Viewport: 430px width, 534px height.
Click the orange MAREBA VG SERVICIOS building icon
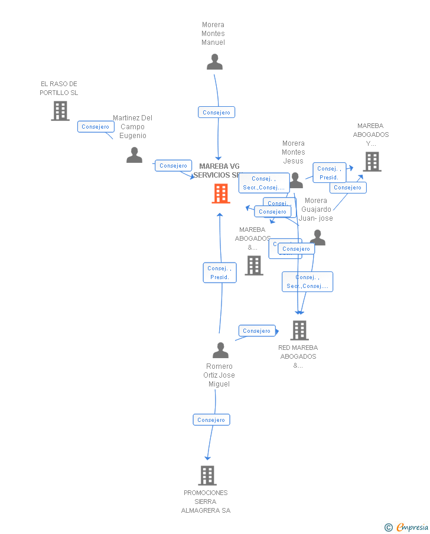point(221,193)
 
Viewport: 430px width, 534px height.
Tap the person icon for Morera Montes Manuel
point(214,62)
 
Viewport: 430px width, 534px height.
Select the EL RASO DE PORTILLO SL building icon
point(60,111)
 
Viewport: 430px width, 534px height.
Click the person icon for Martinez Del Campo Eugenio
point(135,155)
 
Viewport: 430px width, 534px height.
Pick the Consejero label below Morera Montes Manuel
point(217,112)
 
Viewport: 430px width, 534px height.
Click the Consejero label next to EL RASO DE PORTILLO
point(96,127)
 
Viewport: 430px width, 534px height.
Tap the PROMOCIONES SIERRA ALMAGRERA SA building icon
point(207,475)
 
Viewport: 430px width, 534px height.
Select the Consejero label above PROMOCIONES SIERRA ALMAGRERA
point(211,420)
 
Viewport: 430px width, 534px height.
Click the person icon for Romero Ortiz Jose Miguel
point(220,350)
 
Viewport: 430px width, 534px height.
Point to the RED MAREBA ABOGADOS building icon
point(299,330)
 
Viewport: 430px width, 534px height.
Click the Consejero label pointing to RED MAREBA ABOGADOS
point(257,331)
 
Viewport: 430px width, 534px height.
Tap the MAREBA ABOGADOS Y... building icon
point(372,162)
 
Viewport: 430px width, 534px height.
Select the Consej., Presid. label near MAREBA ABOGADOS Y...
point(329,173)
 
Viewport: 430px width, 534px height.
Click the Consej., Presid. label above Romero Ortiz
point(220,273)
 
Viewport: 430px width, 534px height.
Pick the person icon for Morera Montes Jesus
point(295,181)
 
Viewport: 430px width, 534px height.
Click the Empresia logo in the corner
point(407,527)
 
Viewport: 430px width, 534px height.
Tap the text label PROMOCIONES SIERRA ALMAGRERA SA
point(206,502)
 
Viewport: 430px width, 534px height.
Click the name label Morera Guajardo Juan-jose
point(316,209)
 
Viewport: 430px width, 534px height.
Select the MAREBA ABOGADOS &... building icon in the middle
point(254,266)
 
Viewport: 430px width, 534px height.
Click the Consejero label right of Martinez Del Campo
point(174,166)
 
